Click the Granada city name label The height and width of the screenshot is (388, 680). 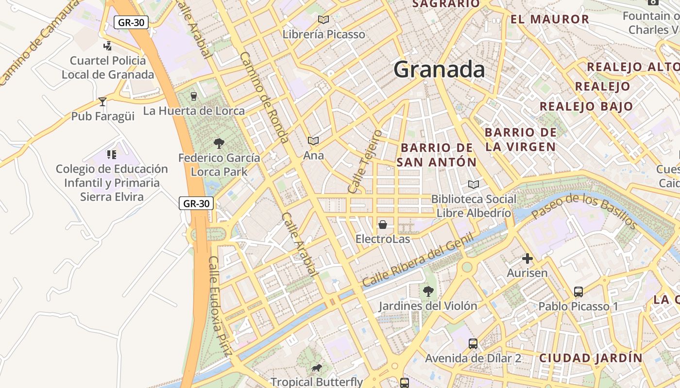click(439, 69)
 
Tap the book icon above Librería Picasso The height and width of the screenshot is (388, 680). click(323, 20)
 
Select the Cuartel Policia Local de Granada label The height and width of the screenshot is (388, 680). click(108, 67)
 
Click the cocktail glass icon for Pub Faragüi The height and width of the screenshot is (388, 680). click(102, 102)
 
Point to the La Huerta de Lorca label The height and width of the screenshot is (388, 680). click(194, 111)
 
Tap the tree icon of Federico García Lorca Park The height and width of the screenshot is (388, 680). click(219, 143)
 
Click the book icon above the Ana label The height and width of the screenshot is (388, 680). click(313, 141)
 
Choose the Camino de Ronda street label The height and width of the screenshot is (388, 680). click(265, 97)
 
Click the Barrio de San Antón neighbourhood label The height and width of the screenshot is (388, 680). click(436, 155)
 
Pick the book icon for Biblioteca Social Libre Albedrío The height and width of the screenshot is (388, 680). click(474, 184)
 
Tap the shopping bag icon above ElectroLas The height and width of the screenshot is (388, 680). click(383, 225)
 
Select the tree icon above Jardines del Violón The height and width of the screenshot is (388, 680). click(428, 291)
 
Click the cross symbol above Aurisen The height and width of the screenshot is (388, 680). click(527, 259)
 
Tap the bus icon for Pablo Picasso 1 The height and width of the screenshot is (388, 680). click(578, 292)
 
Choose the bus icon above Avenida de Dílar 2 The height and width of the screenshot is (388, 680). click(473, 344)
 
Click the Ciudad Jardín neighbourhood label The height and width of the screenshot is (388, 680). click(591, 358)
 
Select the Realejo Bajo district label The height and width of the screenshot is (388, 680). click(586, 106)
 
